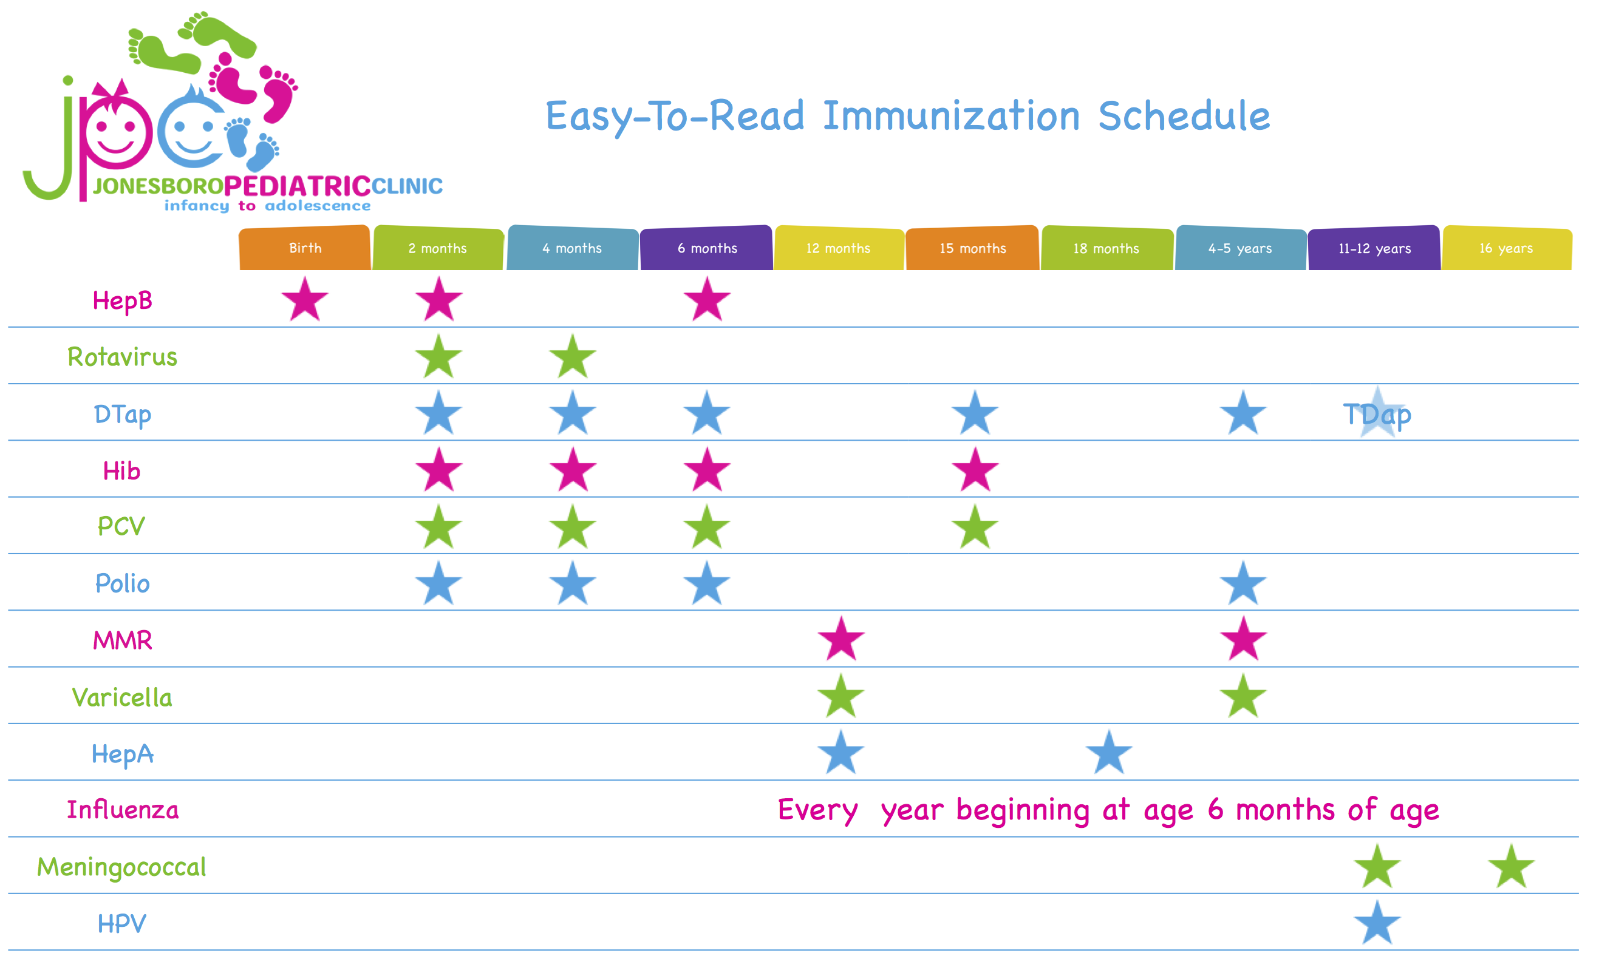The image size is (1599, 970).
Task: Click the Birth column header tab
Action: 305,247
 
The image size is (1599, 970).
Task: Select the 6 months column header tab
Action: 707,247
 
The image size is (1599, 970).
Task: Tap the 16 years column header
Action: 1507,247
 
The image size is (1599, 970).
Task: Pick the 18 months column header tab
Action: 1106,247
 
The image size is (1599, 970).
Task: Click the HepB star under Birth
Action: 305,299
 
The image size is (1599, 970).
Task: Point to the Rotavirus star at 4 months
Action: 572,356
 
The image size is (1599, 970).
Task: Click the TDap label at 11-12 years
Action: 1377,414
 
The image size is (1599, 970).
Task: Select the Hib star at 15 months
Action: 975,469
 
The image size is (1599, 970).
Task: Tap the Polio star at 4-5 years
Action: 1243,583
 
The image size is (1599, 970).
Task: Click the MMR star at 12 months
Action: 841,639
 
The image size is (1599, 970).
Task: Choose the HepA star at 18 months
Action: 1108,753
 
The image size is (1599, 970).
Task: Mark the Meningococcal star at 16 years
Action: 1512,866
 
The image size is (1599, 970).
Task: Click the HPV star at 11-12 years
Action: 1377,923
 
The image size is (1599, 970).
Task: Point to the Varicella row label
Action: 122,697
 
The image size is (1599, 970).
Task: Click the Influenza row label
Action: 123,810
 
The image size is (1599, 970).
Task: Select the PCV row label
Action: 121,526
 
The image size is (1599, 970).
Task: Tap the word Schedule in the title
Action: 1184,116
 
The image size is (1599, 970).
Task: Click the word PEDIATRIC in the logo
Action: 297,186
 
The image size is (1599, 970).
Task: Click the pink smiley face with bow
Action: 117,126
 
